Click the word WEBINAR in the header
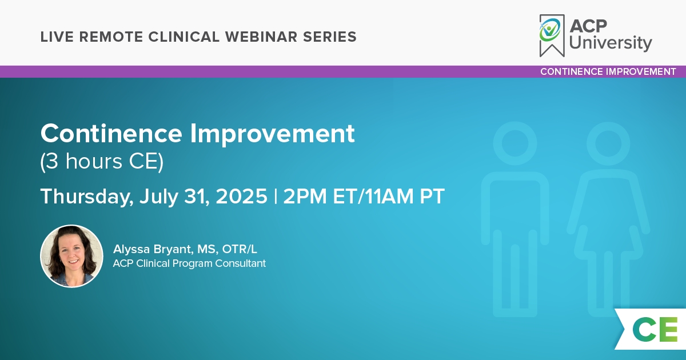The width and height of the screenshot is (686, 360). (x=261, y=37)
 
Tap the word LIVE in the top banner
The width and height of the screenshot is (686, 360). (x=57, y=37)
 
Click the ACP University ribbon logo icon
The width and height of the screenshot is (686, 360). (x=552, y=35)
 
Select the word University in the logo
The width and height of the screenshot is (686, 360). (x=611, y=43)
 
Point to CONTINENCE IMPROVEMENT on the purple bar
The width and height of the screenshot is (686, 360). (x=608, y=71)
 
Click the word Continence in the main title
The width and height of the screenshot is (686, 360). (x=111, y=134)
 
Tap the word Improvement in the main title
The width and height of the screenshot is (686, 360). (x=272, y=134)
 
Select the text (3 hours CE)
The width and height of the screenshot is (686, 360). (x=102, y=162)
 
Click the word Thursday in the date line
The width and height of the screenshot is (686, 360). (x=87, y=196)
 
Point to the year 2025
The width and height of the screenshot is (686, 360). (x=241, y=196)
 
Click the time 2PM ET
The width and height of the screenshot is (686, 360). (x=319, y=196)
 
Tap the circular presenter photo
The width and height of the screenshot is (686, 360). (x=71, y=256)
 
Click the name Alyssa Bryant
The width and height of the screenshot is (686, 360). (x=153, y=250)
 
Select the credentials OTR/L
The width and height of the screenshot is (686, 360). (x=240, y=249)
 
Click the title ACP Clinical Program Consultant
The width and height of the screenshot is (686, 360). (x=189, y=263)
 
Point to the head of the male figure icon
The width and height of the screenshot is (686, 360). (x=515, y=143)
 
